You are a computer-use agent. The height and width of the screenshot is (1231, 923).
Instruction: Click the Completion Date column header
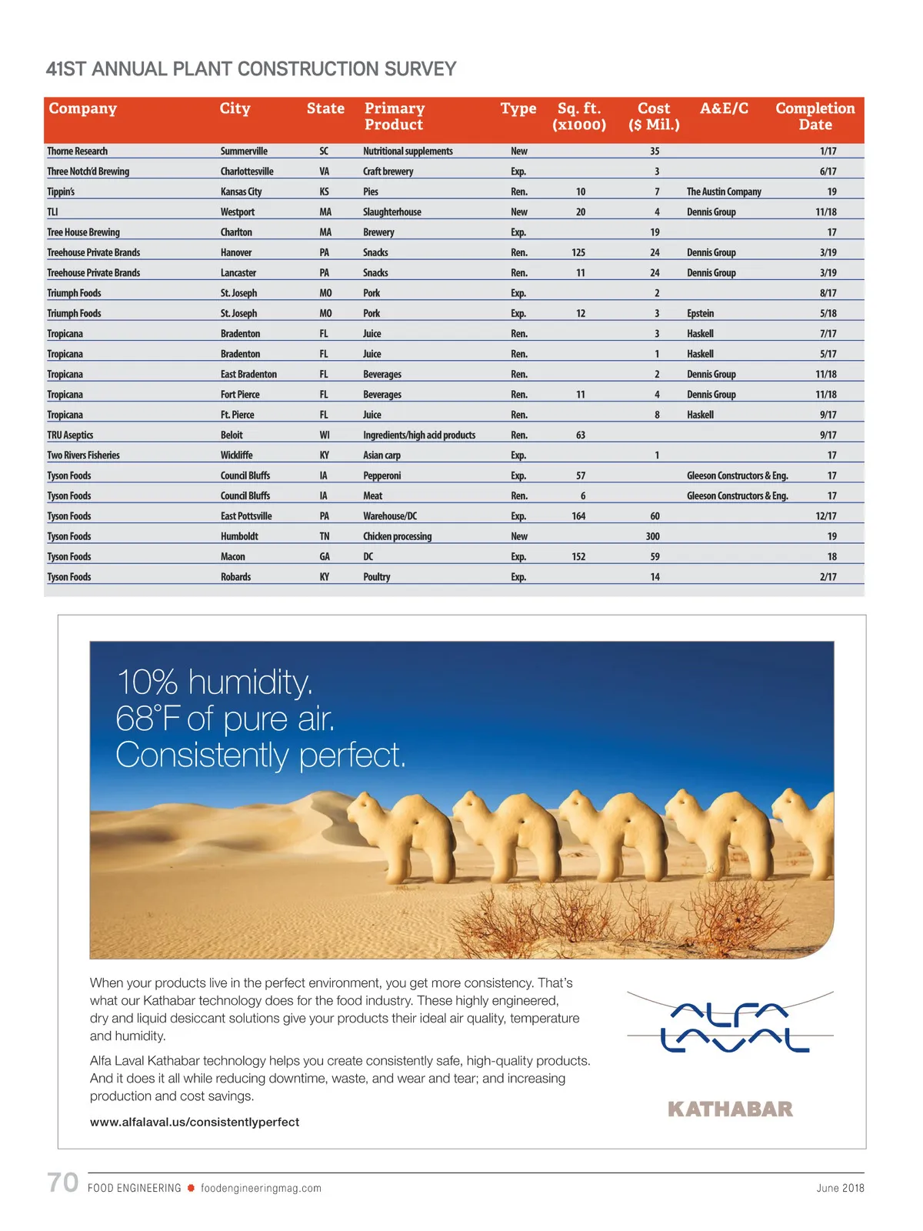point(815,116)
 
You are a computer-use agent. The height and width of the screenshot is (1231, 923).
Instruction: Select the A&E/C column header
point(724,108)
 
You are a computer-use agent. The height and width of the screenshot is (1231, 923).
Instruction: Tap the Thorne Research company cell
point(78,152)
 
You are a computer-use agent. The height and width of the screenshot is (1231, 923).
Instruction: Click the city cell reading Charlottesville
point(247,172)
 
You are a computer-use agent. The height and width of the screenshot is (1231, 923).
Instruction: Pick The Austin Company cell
point(724,192)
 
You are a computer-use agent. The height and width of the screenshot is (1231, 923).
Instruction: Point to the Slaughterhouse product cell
point(392,212)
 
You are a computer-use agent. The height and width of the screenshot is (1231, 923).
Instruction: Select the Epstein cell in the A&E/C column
point(700,313)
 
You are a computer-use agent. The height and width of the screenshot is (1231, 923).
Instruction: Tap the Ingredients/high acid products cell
point(419,435)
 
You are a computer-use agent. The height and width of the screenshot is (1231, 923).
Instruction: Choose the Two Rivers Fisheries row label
point(84,455)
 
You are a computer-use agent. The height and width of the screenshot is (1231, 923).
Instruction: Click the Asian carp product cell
point(382,455)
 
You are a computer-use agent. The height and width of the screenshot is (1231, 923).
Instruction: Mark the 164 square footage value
point(578,516)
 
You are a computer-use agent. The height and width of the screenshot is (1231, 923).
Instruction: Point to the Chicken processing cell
point(398,536)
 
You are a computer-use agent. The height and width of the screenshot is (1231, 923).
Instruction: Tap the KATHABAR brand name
point(730,1109)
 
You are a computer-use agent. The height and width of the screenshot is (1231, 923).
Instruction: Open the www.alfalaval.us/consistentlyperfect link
point(195,1122)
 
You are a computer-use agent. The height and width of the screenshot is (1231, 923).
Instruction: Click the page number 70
point(63,1183)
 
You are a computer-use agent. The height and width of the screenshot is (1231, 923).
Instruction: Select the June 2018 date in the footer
point(840,1188)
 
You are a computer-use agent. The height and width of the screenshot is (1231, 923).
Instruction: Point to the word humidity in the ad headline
point(250,682)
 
